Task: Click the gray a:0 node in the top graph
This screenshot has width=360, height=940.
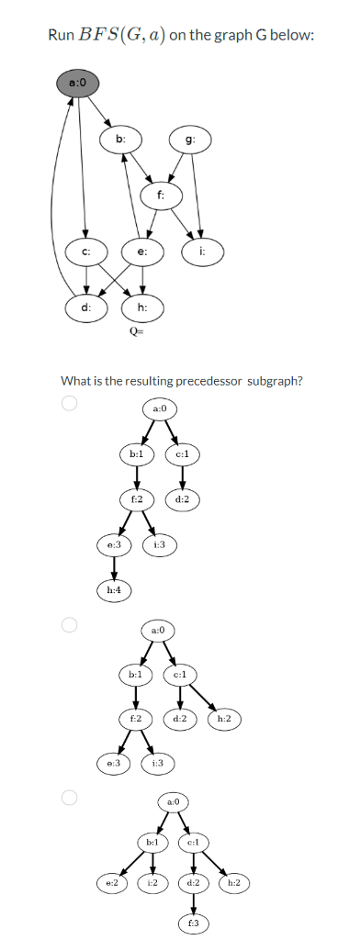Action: coord(78,84)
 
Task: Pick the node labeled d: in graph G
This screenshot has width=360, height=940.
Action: coord(85,308)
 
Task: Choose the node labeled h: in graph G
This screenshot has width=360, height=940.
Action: coord(141,308)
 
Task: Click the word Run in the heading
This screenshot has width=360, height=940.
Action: coord(61,35)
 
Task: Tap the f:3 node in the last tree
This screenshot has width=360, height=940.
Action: coord(194,922)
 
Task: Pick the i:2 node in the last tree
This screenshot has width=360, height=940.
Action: coord(153,882)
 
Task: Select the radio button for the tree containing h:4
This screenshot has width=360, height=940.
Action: coord(67,402)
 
